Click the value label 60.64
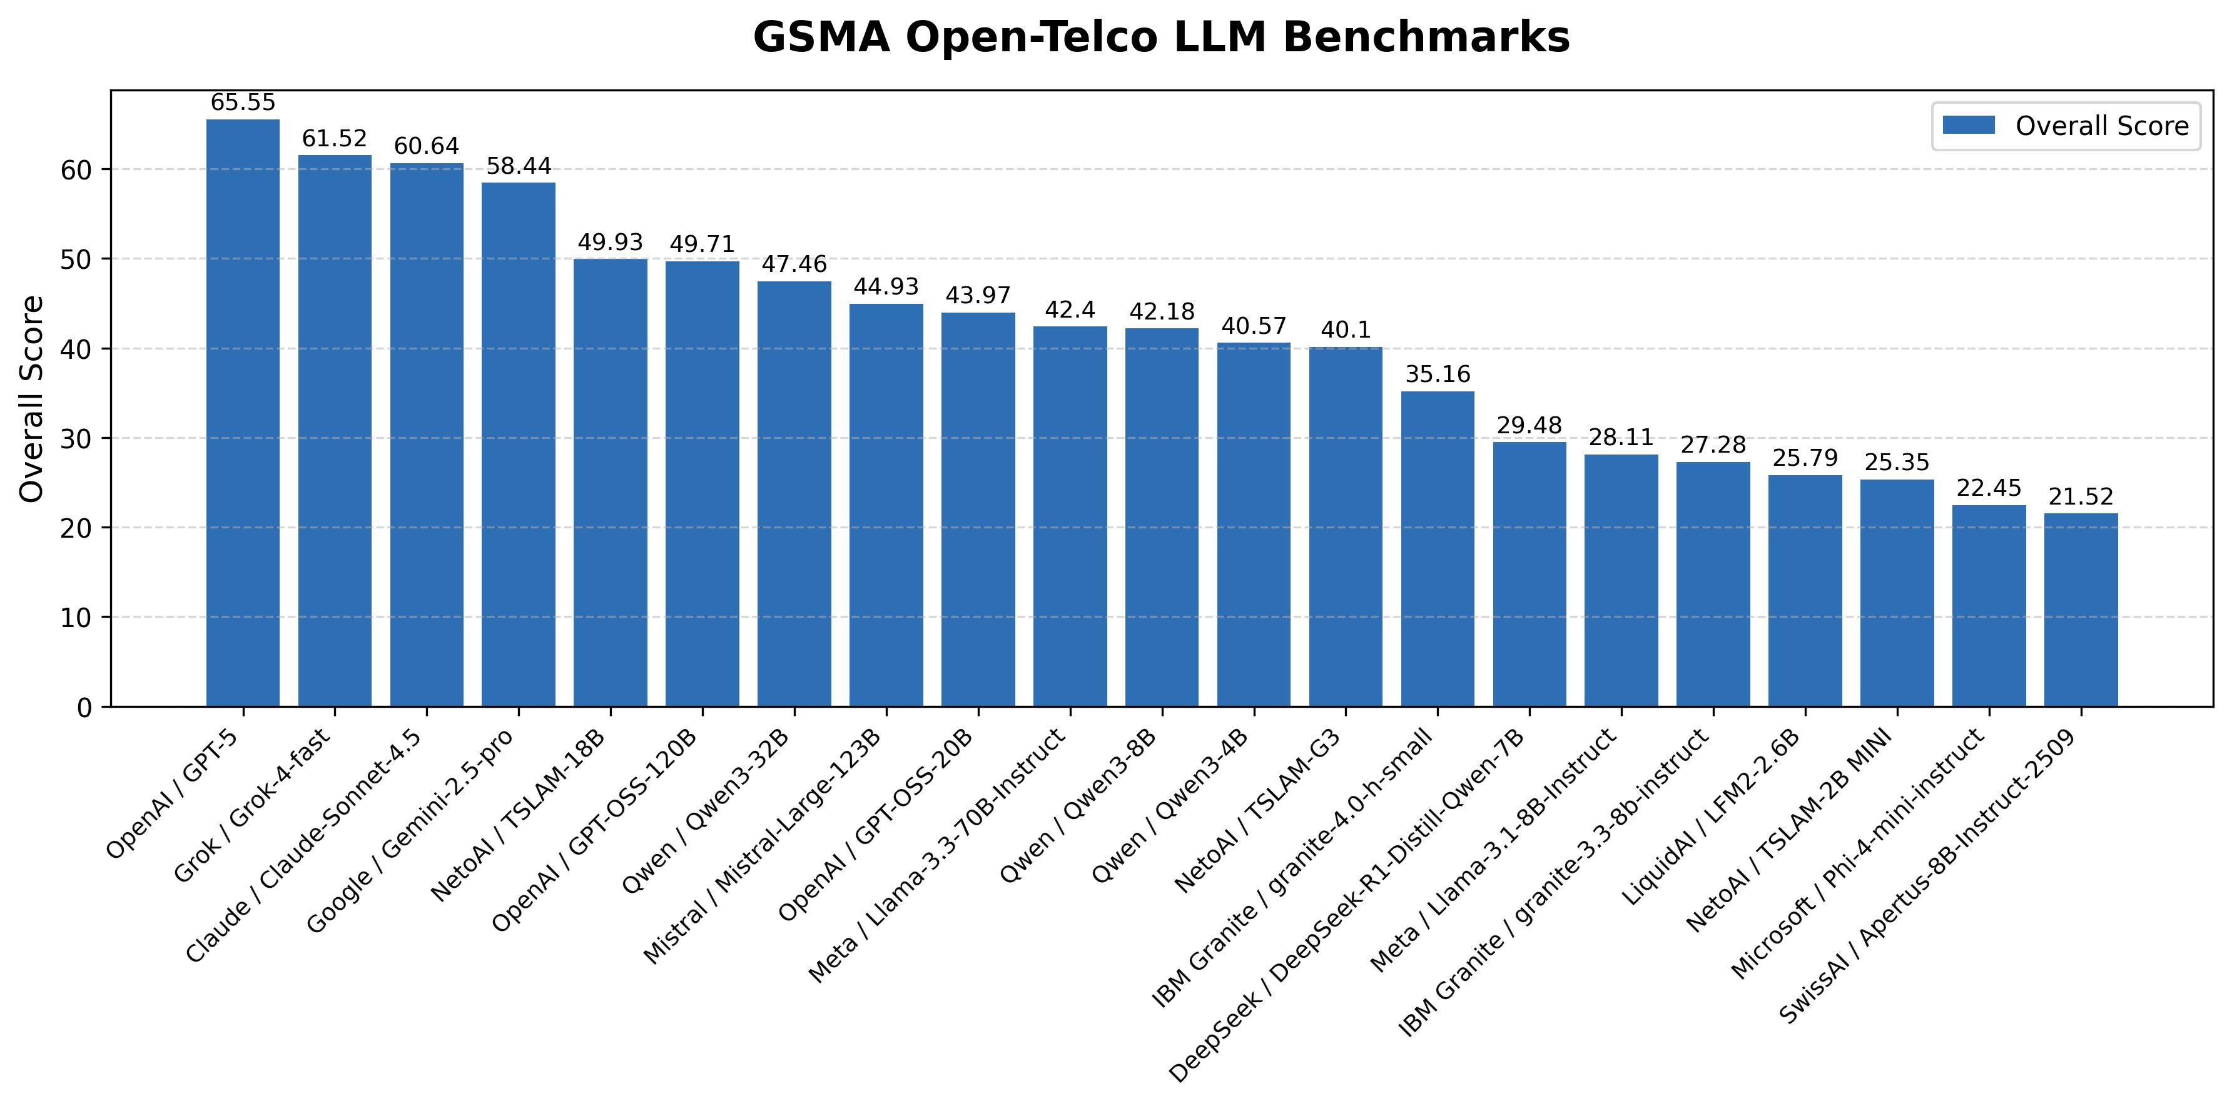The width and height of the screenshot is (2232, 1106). coord(426,146)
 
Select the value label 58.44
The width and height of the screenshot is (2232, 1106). coord(518,166)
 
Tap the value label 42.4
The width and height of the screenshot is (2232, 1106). coord(1070,310)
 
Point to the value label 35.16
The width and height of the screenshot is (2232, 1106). coord(1438,374)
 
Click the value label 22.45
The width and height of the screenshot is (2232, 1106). coord(1989,488)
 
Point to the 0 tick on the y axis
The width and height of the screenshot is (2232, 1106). coord(84,708)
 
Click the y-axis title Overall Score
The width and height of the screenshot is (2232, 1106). coord(32,398)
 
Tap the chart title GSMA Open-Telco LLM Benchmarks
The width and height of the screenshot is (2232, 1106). coord(1161,38)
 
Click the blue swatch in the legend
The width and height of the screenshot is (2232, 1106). coord(1969,126)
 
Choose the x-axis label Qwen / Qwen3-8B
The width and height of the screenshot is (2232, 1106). coord(1078,805)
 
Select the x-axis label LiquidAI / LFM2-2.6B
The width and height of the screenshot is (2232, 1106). coord(1712,818)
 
